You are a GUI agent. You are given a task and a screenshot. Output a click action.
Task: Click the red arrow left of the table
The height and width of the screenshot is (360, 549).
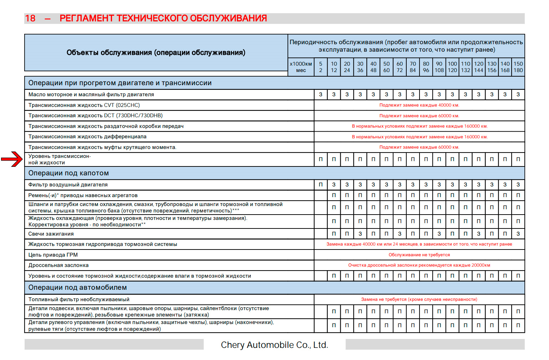click(12, 159)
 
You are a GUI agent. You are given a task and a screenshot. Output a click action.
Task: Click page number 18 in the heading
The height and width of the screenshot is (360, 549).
click(30, 19)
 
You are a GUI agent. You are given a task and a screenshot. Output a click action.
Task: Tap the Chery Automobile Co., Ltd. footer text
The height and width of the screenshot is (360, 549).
click(274, 345)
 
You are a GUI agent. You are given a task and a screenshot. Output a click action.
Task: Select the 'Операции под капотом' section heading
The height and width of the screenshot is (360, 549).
click(68, 173)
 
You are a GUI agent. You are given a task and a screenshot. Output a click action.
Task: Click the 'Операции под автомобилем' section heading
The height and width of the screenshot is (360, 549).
click(77, 288)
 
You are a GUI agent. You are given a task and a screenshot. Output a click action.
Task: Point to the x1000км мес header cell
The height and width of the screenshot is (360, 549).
click(301, 67)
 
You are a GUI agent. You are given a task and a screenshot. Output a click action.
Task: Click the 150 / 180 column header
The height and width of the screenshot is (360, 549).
click(518, 67)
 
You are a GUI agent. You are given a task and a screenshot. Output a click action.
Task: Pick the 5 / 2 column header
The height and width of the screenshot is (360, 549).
click(321, 67)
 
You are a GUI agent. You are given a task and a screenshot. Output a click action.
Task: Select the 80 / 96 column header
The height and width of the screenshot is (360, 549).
click(426, 67)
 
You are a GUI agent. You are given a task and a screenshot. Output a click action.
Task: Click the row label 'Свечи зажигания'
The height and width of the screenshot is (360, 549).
click(51, 234)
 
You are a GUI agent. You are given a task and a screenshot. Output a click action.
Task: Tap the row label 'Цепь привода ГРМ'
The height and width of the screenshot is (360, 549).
click(53, 255)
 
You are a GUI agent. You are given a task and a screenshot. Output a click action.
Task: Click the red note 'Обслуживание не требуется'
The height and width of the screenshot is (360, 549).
click(419, 255)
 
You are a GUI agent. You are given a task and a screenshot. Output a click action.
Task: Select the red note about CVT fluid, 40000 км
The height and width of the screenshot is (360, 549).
click(419, 105)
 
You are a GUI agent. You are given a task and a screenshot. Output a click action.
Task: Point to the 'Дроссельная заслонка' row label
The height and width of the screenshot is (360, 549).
click(59, 265)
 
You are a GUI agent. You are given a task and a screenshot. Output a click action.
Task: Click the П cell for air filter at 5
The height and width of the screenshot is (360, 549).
click(321, 185)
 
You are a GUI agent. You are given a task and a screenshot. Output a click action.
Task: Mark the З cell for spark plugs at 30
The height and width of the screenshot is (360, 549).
click(360, 234)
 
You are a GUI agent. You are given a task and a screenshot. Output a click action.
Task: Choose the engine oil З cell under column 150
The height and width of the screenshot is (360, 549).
click(518, 94)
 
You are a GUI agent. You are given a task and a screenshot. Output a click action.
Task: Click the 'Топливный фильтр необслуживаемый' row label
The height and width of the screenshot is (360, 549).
click(79, 299)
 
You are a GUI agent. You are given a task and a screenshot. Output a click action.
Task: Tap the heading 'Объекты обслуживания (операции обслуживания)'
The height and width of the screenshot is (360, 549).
click(156, 53)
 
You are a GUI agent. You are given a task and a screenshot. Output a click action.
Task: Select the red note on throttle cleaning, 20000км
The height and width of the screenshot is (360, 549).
click(419, 265)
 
